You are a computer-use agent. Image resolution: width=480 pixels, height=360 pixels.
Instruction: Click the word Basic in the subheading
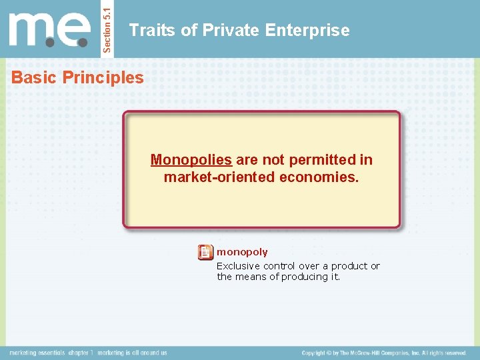click(34, 77)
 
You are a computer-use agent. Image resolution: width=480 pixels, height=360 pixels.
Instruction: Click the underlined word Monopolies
click(191, 160)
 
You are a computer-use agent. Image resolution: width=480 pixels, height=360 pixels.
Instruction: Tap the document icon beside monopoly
click(205, 253)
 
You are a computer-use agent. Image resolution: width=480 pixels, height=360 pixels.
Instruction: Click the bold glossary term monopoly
click(242, 252)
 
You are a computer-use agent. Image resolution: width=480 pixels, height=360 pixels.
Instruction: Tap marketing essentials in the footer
click(37, 353)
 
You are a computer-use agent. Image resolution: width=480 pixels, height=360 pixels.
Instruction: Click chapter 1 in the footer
click(81, 353)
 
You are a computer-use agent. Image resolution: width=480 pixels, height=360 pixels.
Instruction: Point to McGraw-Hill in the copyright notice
click(379, 353)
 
